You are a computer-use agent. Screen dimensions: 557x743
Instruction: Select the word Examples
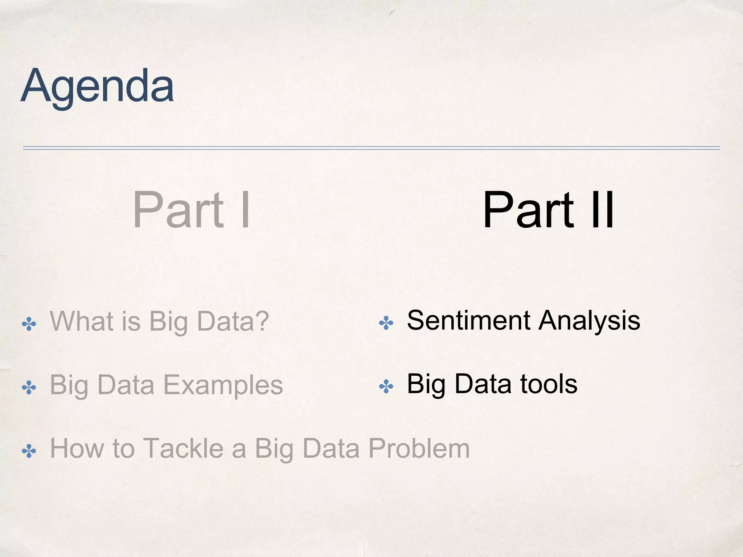tap(223, 385)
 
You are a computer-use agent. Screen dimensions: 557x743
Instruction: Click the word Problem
tap(419, 449)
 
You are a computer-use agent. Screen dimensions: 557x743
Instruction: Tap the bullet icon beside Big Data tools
tap(386, 387)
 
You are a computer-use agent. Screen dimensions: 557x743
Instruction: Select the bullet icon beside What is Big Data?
tap(29, 324)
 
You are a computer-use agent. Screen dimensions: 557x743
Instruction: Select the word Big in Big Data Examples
tap(69, 386)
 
